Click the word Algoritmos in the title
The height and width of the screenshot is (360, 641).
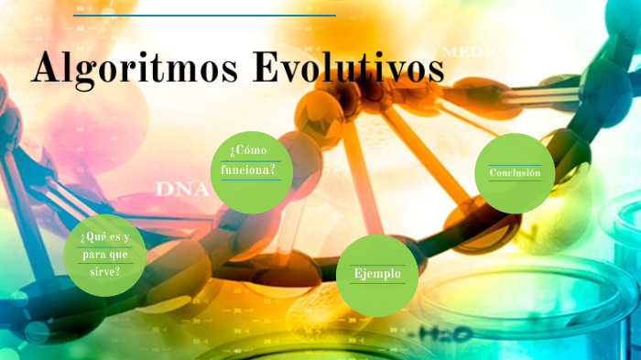pos(134,69)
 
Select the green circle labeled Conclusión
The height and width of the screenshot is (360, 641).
pos(516,173)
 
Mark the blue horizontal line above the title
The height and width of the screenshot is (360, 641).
pos(204,16)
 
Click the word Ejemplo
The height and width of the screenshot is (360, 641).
pos(377,274)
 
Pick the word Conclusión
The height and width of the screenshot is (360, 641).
pos(515,173)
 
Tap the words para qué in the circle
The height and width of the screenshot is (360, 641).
pos(104,255)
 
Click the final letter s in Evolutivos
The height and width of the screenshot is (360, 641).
pos(434,72)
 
